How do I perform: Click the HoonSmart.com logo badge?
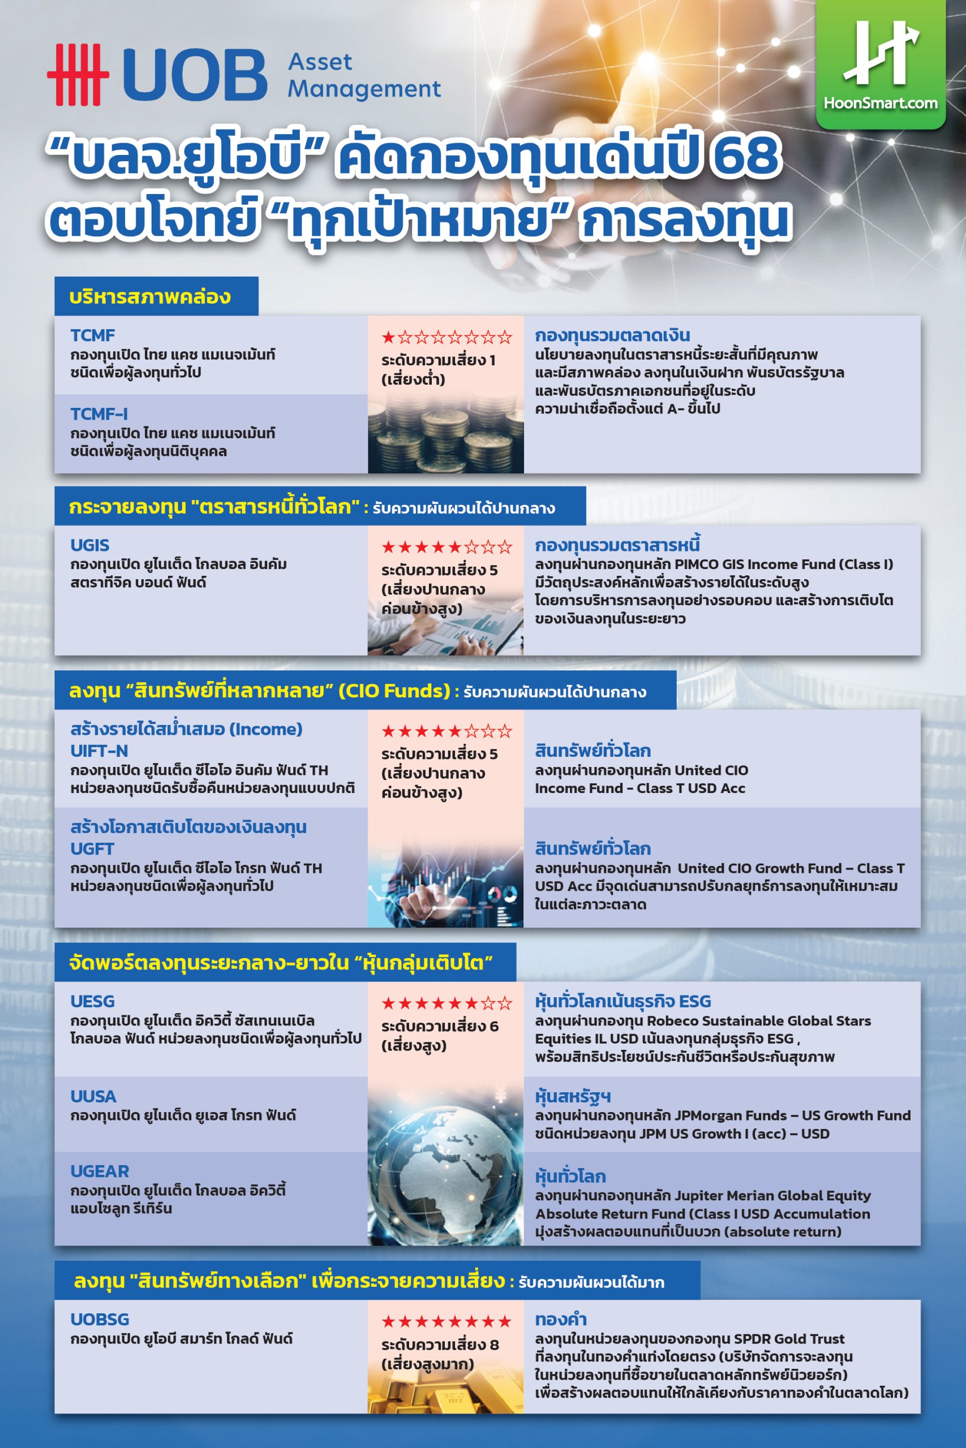881,64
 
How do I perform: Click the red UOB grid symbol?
78,75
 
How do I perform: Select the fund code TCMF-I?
98,413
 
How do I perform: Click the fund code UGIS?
90,545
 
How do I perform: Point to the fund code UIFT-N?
99,751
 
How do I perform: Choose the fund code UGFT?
92,848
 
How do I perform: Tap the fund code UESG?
92,1001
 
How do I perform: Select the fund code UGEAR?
100,1171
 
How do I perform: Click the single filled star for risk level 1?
388,337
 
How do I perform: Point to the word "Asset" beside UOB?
320,62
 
